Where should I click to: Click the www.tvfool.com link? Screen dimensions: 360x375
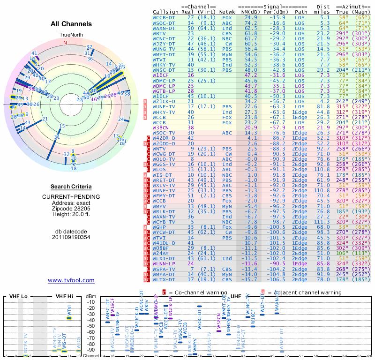(71, 280)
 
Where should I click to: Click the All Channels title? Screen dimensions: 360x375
(71, 24)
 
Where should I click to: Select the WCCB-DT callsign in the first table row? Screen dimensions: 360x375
(164, 17)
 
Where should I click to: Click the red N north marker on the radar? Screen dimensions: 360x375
(65, 42)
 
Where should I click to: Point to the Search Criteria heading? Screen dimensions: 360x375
(71, 187)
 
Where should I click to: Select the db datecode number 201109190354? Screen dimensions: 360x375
(71, 237)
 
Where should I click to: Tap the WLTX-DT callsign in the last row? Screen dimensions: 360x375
(164, 280)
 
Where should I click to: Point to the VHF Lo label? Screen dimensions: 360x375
(17, 296)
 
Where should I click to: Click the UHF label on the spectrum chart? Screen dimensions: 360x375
(236, 296)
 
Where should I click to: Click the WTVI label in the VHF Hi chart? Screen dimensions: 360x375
(69, 311)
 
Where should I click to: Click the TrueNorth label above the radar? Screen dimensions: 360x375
(71, 35)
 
